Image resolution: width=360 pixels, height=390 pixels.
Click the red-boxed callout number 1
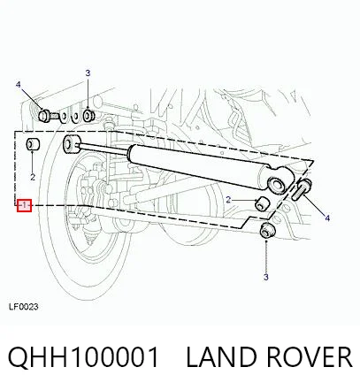tap(24, 205)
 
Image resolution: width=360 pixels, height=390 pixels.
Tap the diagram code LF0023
tap(24, 307)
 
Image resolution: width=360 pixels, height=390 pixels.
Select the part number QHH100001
tap(83, 357)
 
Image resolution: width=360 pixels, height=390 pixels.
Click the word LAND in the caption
tap(221, 357)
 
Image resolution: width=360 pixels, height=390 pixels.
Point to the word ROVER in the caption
tap(310, 357)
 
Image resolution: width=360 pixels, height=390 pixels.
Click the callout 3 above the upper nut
tap(88, 73)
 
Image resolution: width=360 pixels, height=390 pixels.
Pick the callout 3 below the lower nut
tap(266, 277)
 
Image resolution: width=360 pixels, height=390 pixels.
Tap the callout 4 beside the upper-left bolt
tap(19, 85)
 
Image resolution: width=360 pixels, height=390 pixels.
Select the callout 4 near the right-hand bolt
tap(327, 218)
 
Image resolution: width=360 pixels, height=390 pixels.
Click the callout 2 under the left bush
tap(33, 177)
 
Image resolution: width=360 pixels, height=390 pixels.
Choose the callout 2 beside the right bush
tap(228, 200)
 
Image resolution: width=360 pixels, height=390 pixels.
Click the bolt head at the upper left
tap(44, 115)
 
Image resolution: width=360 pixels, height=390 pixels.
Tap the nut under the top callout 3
tap(88, 116)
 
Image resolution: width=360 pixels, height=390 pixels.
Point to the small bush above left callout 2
tap(33, 144)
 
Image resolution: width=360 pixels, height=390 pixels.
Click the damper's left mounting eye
tap(72, 144)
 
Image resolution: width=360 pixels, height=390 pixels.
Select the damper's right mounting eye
tap(279, 183)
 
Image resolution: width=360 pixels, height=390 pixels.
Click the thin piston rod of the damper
tap(103, 148)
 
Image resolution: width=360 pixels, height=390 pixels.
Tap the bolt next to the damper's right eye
tap(302, 189)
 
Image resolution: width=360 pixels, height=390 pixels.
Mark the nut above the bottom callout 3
tap(267, 230)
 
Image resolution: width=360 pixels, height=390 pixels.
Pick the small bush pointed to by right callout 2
tap(262, 203)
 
